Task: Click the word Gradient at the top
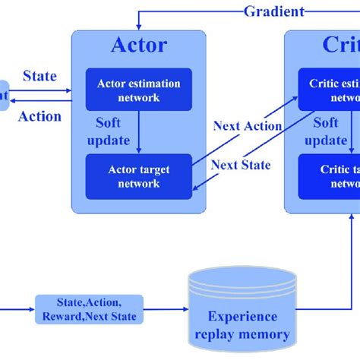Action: [274, 11]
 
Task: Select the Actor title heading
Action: [138, 45]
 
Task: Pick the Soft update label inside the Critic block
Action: [327, 131]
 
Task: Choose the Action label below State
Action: [39, 116]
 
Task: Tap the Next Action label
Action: [247, 126]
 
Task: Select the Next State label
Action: [240, 165]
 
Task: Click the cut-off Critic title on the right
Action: [339, 45]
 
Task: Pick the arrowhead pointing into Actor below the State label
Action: [68, 92]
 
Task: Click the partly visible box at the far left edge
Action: [4, 96]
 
